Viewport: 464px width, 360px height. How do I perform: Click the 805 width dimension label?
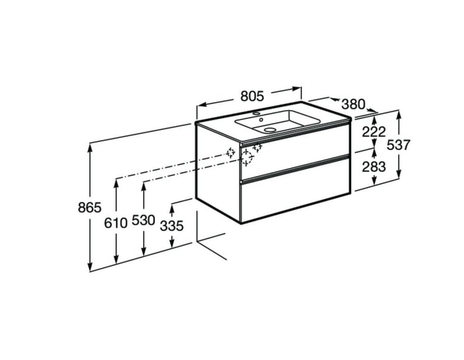point(252,96)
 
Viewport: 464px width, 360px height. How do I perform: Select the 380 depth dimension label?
point(353,104)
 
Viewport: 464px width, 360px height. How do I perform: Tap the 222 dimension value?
point(374,132)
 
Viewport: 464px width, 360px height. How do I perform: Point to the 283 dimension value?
point(374,167)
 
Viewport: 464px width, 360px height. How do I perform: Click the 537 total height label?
point(399,145)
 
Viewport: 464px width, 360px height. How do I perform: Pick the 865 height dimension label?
point(90,207)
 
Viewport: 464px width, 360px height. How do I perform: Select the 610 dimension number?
point(116,223)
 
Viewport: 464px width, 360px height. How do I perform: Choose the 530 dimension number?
point(143,220)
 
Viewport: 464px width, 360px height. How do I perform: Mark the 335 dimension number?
point(172,226)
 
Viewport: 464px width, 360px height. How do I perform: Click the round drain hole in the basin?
point(270,129)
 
